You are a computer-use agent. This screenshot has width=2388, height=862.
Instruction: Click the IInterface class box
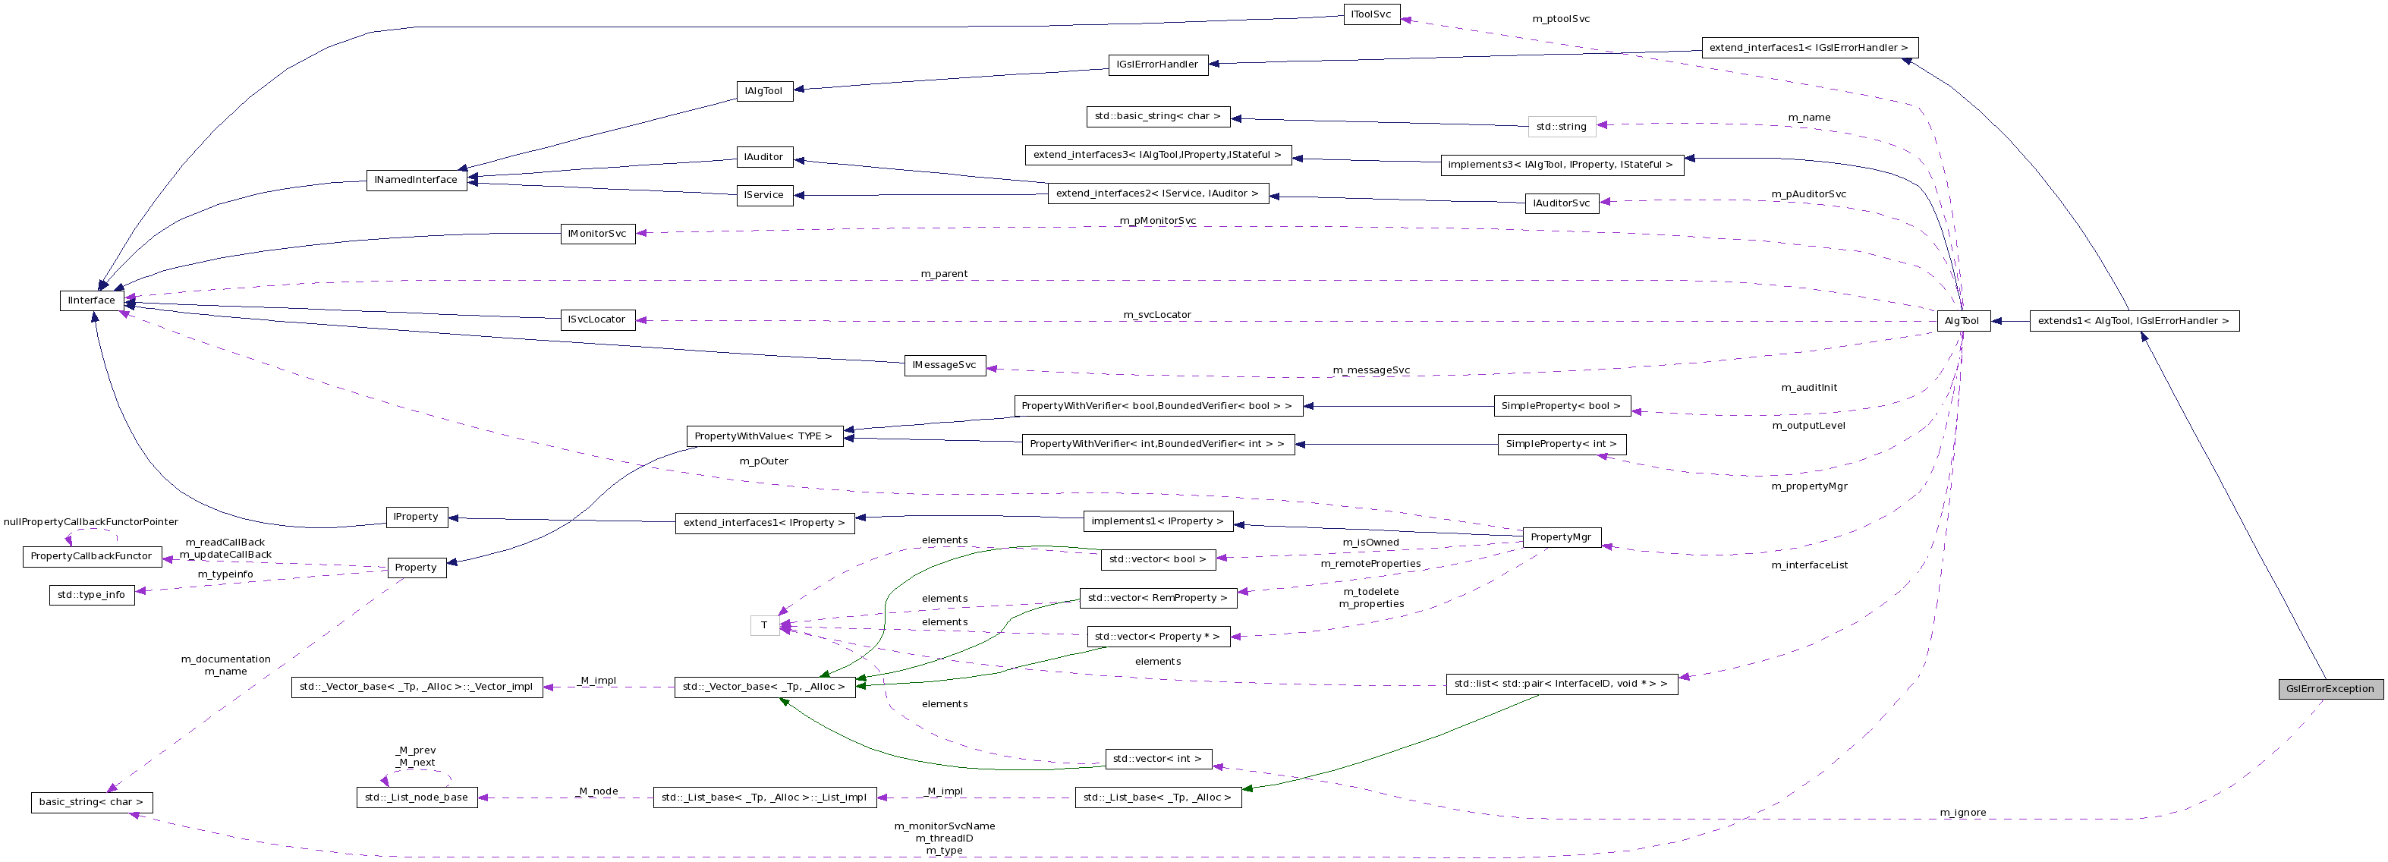coord(92,300)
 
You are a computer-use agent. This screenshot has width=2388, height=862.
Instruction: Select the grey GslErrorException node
coord(2330,689)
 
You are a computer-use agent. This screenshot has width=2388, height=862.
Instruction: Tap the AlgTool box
coord(1962,321)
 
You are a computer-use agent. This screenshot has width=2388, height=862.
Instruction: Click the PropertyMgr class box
coord(1561,536)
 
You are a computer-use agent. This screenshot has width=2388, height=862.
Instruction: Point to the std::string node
coord(1561,126)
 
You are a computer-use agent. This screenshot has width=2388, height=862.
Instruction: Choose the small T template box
coord(764,626)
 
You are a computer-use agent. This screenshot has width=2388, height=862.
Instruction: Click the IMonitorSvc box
coord(597,234)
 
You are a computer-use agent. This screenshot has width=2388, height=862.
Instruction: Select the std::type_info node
coord(91,594)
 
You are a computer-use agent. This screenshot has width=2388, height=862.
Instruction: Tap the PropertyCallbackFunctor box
coord(91,556)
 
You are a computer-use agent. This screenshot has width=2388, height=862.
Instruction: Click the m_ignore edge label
coord(1962,813)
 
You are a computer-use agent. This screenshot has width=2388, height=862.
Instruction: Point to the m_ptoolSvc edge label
coord(1560,18)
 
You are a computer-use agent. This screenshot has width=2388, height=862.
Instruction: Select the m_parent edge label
coord(944,273)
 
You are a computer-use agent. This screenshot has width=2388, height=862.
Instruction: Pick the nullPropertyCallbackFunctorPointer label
coord(91,522)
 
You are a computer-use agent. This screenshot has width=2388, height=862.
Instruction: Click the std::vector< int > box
coord(1157,759)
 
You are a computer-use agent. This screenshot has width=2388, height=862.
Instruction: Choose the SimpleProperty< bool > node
coord(1561,406)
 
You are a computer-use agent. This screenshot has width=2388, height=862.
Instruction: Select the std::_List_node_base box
coord(417,797)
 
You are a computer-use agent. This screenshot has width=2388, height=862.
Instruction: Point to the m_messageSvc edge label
coord(1371,370)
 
